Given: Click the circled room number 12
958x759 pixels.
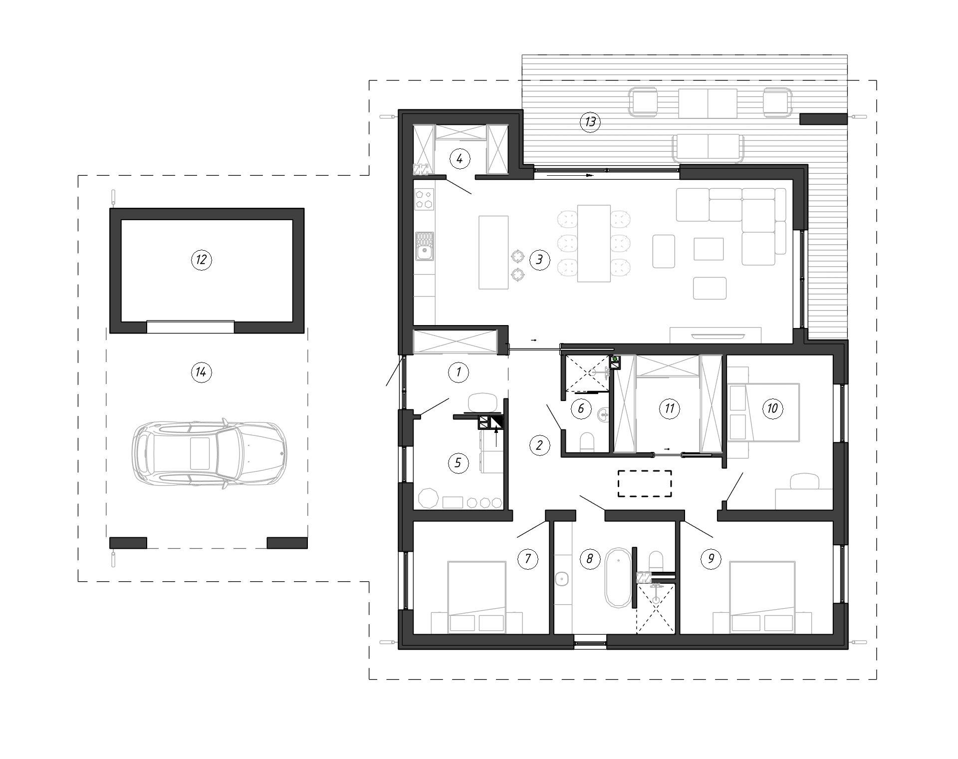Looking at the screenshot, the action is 202,260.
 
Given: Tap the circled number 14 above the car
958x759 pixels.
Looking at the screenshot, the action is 202,372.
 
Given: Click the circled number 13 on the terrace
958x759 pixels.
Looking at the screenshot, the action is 590,121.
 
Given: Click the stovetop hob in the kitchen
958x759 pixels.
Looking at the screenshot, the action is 425,198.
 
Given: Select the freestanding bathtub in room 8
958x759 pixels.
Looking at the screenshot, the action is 619,578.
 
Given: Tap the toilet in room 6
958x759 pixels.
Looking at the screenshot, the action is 588,442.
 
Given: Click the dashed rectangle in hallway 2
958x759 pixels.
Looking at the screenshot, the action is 645,483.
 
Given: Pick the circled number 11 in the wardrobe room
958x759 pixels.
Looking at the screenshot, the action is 669,409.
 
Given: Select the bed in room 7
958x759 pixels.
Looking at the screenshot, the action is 477,597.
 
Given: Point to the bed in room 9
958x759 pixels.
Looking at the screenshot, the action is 762,597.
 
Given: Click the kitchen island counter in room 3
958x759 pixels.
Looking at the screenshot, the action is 493,252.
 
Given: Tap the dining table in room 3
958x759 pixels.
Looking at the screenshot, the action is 594,243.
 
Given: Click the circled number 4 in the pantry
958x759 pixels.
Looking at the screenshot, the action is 460,159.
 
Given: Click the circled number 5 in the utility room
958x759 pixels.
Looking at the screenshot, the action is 458,463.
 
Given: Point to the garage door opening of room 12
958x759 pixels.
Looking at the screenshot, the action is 190,327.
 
